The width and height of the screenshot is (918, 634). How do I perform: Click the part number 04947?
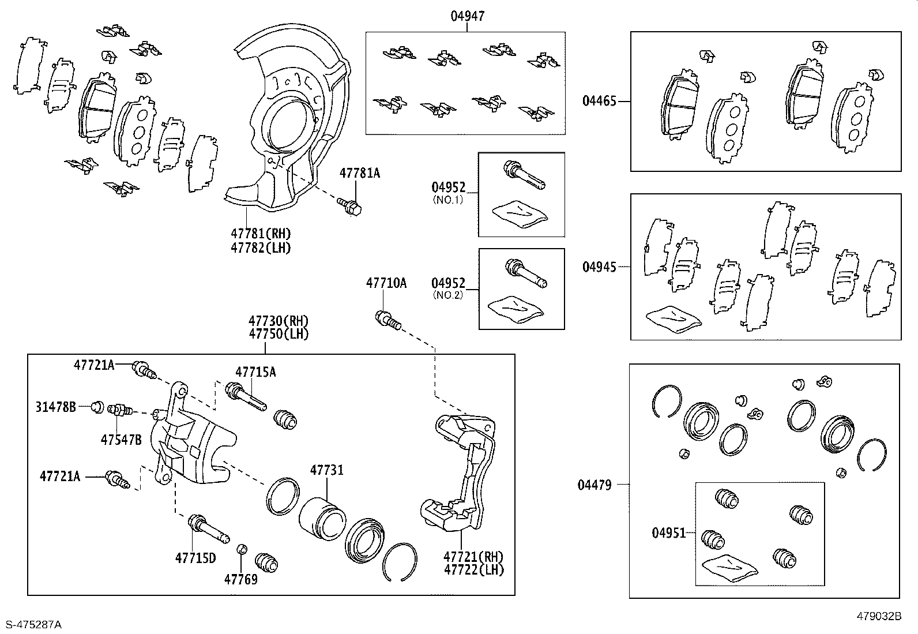(x=467, y=16)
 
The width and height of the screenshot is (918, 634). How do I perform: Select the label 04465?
(x=599, y=101)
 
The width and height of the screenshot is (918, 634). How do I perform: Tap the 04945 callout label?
(x=599, y=267)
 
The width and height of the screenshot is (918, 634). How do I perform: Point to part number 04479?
(x=595, y=485)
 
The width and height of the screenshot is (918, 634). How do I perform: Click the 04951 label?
(x=669, y=532)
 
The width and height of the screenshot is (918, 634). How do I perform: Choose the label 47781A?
(x=359, y=172)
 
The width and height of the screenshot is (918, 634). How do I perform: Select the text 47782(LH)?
(x=261, y=248)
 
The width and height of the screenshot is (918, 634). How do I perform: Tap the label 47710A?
(x=386, y=283)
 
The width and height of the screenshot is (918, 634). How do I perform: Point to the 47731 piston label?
(x=326, y=470)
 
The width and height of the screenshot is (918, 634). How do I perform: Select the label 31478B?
(x=55, y=407)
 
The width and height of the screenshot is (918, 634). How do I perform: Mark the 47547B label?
(x=121, y=440)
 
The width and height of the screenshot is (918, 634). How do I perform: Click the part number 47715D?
(x=195, y=558)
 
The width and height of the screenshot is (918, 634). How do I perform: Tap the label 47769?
(x=241, y=579)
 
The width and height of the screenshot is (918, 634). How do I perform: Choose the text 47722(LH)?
(x=473, y=570)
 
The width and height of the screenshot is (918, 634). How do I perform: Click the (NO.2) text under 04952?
(x=447, y=296)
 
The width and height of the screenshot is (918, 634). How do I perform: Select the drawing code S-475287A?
(x=33, y=624)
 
